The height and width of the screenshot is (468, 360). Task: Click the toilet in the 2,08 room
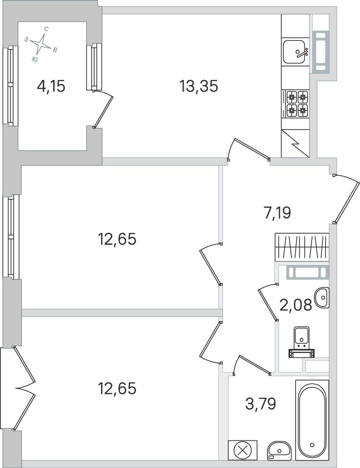302,342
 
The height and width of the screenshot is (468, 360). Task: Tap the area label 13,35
199,87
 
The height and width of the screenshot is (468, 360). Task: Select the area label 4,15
51,87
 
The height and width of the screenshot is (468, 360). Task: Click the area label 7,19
277,213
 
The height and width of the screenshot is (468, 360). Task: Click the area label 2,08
296,305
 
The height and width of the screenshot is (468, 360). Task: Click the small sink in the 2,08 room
322,297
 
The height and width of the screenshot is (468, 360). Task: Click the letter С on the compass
46,29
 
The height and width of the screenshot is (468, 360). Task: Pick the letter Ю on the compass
35,60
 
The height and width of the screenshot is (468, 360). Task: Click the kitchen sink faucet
302,52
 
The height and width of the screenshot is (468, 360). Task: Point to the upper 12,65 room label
117,239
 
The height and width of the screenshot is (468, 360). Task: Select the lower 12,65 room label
117,389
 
